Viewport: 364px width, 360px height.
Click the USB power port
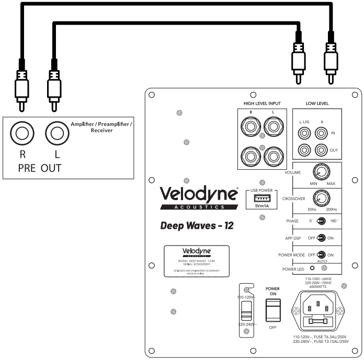[x=261, y=199]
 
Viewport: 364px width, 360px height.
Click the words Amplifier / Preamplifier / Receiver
[x=101, y=126]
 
